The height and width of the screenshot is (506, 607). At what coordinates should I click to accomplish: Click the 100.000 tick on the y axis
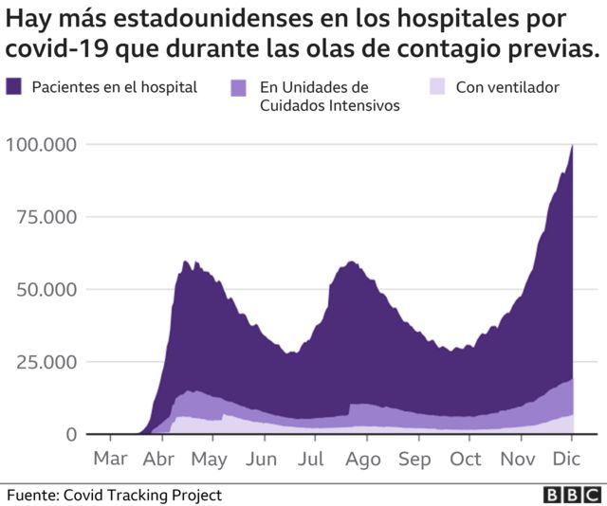(41, 144)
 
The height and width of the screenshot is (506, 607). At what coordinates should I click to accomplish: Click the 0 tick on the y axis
(71, 434)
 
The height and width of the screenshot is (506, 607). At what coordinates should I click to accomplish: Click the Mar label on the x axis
(111, 460)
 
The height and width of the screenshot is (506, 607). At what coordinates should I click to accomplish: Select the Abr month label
(160, 460)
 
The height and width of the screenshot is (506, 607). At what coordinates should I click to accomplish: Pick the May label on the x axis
(210, 460)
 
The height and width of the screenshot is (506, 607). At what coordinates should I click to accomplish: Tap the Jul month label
(311, 460)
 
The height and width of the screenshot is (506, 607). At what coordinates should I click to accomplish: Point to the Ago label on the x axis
(362, 460)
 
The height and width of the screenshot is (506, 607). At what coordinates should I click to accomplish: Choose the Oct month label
(465, 460)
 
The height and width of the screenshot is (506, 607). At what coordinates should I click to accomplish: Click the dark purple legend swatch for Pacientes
(14, 87)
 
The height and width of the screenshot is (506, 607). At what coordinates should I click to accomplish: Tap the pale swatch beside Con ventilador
(437, 87)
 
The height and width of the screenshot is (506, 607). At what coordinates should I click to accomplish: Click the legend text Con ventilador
(507, 87)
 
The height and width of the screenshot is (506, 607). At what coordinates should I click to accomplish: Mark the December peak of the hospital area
(572, 146)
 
